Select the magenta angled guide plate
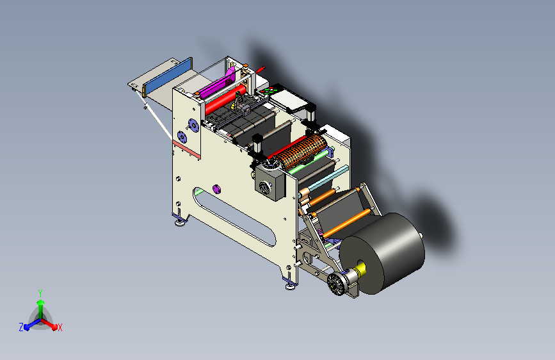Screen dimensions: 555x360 [x=216, y=85]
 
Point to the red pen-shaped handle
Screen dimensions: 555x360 [x=260, y=69]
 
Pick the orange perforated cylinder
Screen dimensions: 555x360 [x=301, y=152]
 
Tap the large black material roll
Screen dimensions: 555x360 [x=383, y=253]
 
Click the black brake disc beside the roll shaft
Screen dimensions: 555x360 [x=336, y=284]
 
